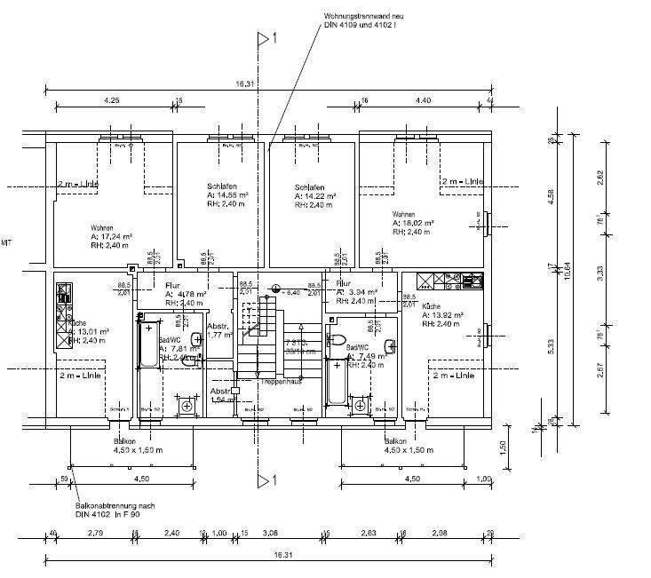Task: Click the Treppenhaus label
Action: point(280,381)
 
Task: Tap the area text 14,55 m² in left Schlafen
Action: point(227,194)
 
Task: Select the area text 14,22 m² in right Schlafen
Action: point(319,196)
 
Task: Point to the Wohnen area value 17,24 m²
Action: point(111,237)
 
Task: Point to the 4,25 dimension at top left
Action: point(111,100)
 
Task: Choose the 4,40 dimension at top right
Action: point(423,100)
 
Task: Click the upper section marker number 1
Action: point(275,38)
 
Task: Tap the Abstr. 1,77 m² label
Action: point(219,330)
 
